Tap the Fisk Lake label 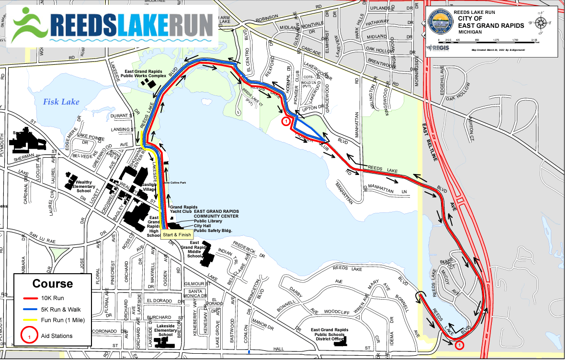61,102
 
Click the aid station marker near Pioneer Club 286,122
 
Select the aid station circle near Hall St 459,345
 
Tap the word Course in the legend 53,284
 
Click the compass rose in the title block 541,22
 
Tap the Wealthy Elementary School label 84,186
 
